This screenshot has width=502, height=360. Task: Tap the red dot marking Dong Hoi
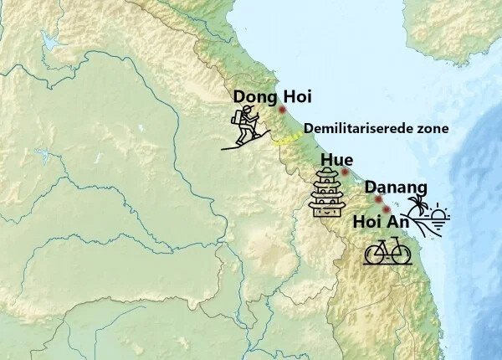click(283, 110)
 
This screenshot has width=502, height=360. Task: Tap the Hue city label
click(336, 160)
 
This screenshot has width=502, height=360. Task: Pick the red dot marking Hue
click(345, 172)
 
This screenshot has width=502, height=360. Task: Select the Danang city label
click(396, 187)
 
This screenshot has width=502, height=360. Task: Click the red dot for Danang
click(379, 199)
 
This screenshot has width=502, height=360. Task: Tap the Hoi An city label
click(381, 222)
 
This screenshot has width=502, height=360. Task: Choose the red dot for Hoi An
click(386, 209)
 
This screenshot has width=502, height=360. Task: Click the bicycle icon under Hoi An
click(387, 250)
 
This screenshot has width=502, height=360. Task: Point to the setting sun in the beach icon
click(438, 215)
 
